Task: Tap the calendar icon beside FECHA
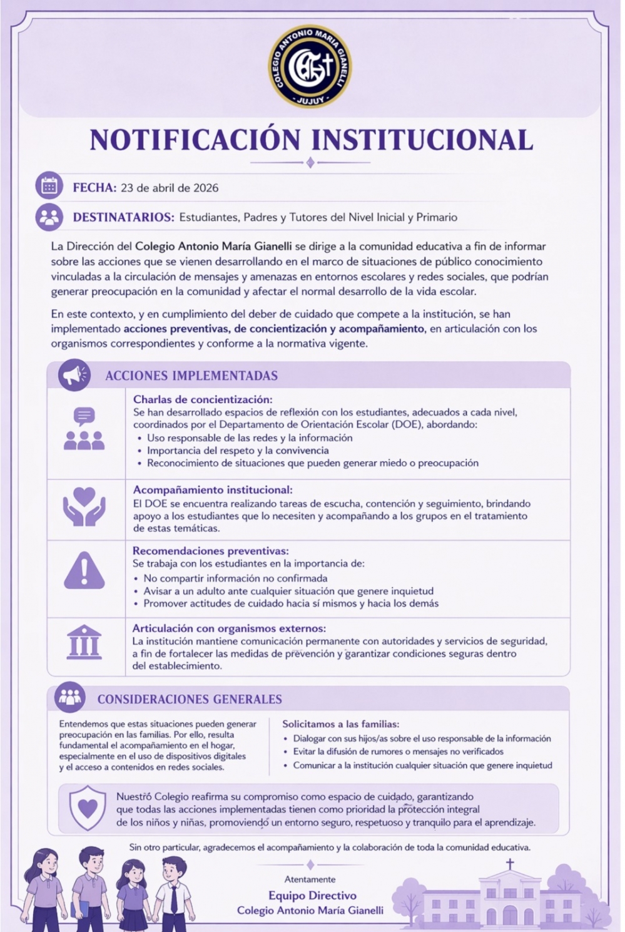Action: coord(49,186)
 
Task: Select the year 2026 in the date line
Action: coord(206,188)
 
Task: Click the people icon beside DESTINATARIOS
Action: coord(49,217)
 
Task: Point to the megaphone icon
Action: coord(74,376)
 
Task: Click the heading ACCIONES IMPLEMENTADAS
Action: coord(191,376)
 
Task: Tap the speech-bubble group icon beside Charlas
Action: coord(84,429)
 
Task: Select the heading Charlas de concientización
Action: coord(202,399)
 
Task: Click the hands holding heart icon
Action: coord(84,506)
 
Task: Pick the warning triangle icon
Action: coord(84,570)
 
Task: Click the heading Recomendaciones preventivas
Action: coord(210,551)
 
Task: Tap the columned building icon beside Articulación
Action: coord(84,642)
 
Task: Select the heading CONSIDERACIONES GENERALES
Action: coord(190,699)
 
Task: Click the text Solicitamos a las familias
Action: coord(340,724)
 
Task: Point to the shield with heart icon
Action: coord(87,809)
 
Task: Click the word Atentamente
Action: coord(310,879)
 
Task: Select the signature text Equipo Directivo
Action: coord(312,896)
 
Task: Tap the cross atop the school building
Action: coord(510,864)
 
